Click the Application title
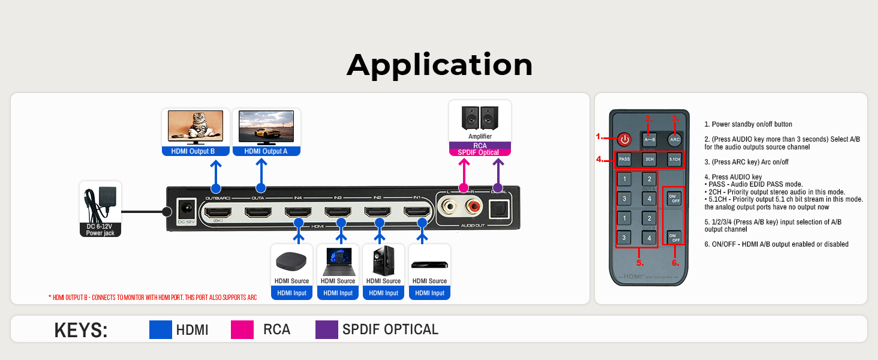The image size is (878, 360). [439, 65]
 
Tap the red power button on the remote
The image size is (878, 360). [625, 139]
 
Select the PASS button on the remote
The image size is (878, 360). [625, 160]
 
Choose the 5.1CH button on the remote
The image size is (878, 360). [674, 160]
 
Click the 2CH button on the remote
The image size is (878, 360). [649, 160]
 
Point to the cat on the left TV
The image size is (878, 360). [197, 127]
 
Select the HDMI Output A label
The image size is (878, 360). [266, 151]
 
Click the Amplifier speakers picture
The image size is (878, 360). [480, 118]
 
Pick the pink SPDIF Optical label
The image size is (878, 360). [480, 152]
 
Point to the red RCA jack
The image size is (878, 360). [476, 208]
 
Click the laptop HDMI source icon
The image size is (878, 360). [338, 261]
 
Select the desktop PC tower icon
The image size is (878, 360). [383, 261]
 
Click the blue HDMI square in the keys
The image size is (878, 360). [160, 329]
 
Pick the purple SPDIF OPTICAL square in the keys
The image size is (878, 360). [327, 329]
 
